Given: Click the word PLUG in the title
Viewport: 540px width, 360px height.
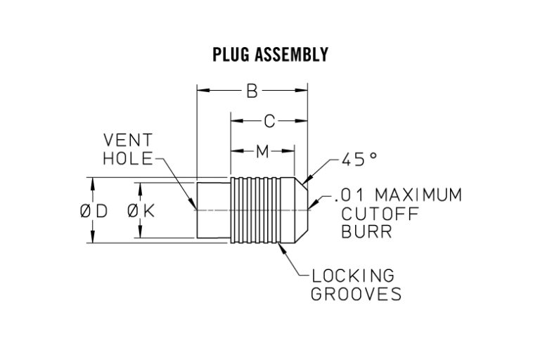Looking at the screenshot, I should tap(229, 55).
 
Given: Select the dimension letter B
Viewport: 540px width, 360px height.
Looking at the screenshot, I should tap(251, 91).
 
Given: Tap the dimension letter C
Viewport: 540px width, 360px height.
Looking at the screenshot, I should tap(269, 122).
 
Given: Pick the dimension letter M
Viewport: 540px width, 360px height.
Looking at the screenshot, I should tap(262, 150).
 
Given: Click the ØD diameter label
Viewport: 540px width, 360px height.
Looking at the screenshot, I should tap(94, 211).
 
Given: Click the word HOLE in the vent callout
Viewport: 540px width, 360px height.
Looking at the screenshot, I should tap(127, 158).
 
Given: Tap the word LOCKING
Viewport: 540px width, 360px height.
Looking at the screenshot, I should tap(353, 275).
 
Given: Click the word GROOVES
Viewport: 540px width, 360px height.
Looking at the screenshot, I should tap(356, 294).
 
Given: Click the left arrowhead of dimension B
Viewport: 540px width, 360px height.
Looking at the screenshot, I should tap(201, 91).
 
